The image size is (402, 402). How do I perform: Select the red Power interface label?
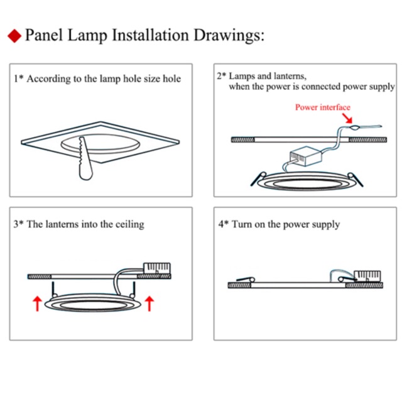pyautogui.click(x=323, y=107)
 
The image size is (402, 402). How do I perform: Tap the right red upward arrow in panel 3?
pyautogui.click(x=149, y=303)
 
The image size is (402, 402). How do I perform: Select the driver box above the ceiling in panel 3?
pyautogui.click(x=157, y=268)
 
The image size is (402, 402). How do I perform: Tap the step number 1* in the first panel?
pyautogui.click(x=18, y=79)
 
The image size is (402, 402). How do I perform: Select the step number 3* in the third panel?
pyautogui.click(x=18, y=224)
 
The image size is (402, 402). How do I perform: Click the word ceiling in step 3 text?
pyautogui.click(x=129, y=224)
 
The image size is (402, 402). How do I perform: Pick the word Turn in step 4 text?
pyautogui.click(x=242, y=224)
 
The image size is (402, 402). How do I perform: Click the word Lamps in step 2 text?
pyautogui.click(x=244, y=76)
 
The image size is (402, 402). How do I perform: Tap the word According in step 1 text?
pyautogui.click(x=48, y=79)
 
